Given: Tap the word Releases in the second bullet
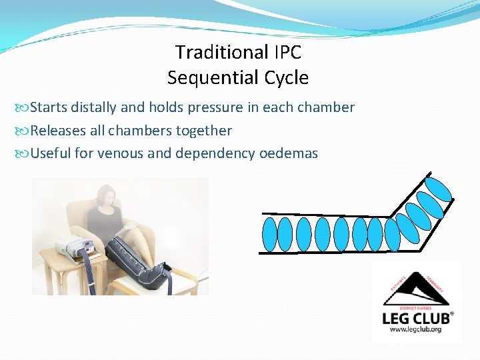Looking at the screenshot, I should coord(59,131).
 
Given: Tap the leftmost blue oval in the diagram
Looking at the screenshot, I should coord(269,234).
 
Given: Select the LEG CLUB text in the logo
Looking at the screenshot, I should coord(415,318).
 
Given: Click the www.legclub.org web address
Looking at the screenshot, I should coord(417,330).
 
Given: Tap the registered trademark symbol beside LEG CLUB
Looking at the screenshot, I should coord(452,313).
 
